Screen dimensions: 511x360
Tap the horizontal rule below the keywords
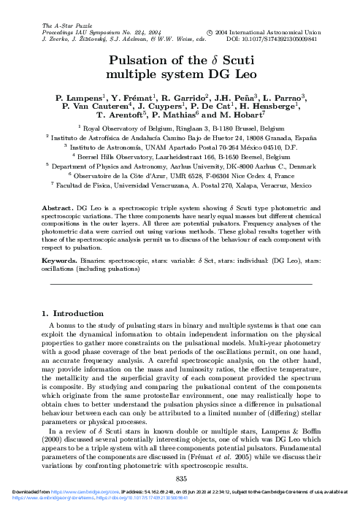tap(180, 283)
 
